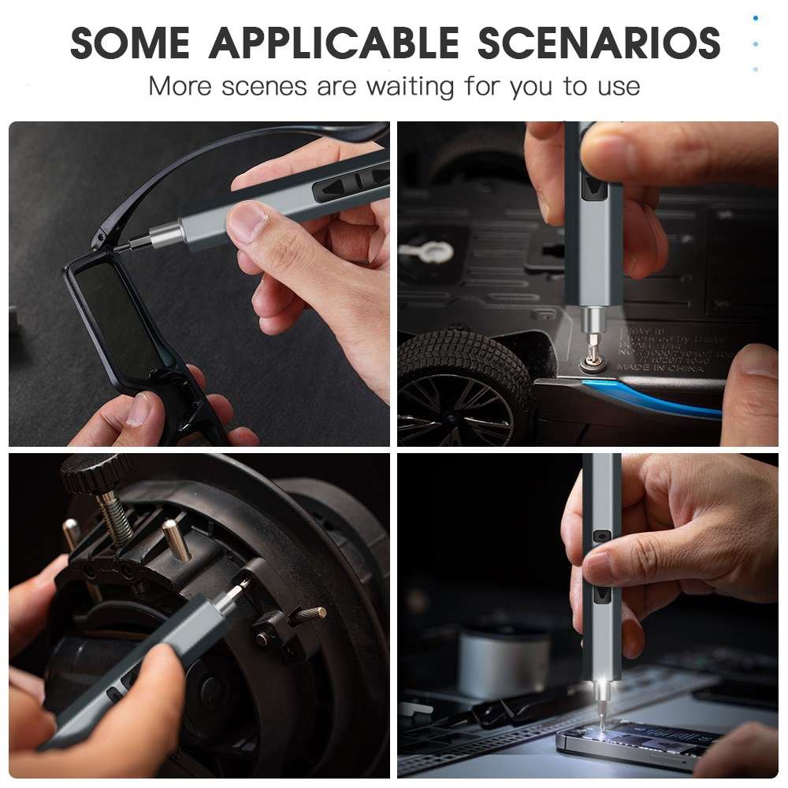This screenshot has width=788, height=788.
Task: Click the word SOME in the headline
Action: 131,43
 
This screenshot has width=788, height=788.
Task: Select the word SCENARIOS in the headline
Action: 599,43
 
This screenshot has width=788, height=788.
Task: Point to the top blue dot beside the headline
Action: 756,17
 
